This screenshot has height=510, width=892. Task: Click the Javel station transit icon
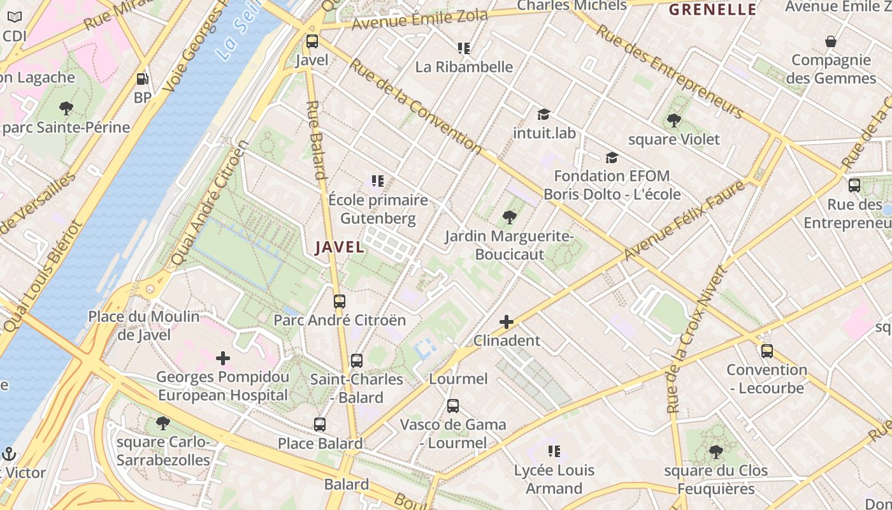tap(312, 41)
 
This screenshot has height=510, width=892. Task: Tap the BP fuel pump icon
tap(143, 80)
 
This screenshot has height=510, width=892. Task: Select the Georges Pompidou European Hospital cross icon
tap(223, 358)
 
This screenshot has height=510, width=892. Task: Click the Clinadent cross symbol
tap(507, 322)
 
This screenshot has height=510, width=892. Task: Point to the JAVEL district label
tap(340, 247)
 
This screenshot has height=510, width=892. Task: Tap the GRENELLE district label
tap(712, 10)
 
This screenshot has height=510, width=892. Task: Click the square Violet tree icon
tap(673, 120)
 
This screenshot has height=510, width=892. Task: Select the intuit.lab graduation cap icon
tap(543, 115)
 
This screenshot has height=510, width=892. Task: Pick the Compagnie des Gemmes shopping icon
tap(831, 42)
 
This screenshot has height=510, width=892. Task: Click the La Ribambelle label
tap(464, 67)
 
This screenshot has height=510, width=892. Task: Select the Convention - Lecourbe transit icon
tap(767, 351)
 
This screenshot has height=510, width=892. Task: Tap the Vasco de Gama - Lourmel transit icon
tap(453, 406)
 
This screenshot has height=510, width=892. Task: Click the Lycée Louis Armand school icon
tap(554, 451)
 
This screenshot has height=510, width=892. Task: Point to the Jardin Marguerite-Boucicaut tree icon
tap(509, 218)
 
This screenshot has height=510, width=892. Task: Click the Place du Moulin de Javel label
tap(144, 325)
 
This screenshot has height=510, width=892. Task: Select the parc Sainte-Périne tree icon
tap(66, 108)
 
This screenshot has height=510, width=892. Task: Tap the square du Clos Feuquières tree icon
tap(716, 452)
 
